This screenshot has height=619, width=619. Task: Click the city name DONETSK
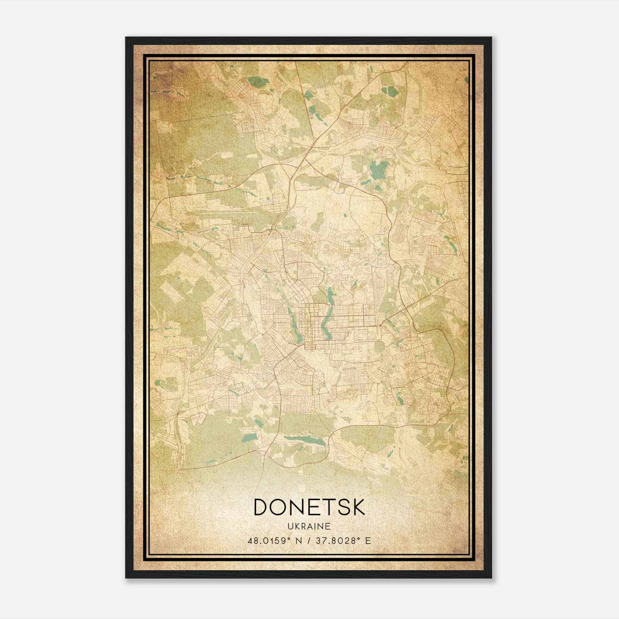309,507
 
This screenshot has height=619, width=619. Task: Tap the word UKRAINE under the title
309,526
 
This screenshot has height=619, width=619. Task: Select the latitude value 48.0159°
270,540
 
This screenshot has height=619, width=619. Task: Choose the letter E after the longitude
368,540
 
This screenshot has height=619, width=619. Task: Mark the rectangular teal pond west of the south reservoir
250,437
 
